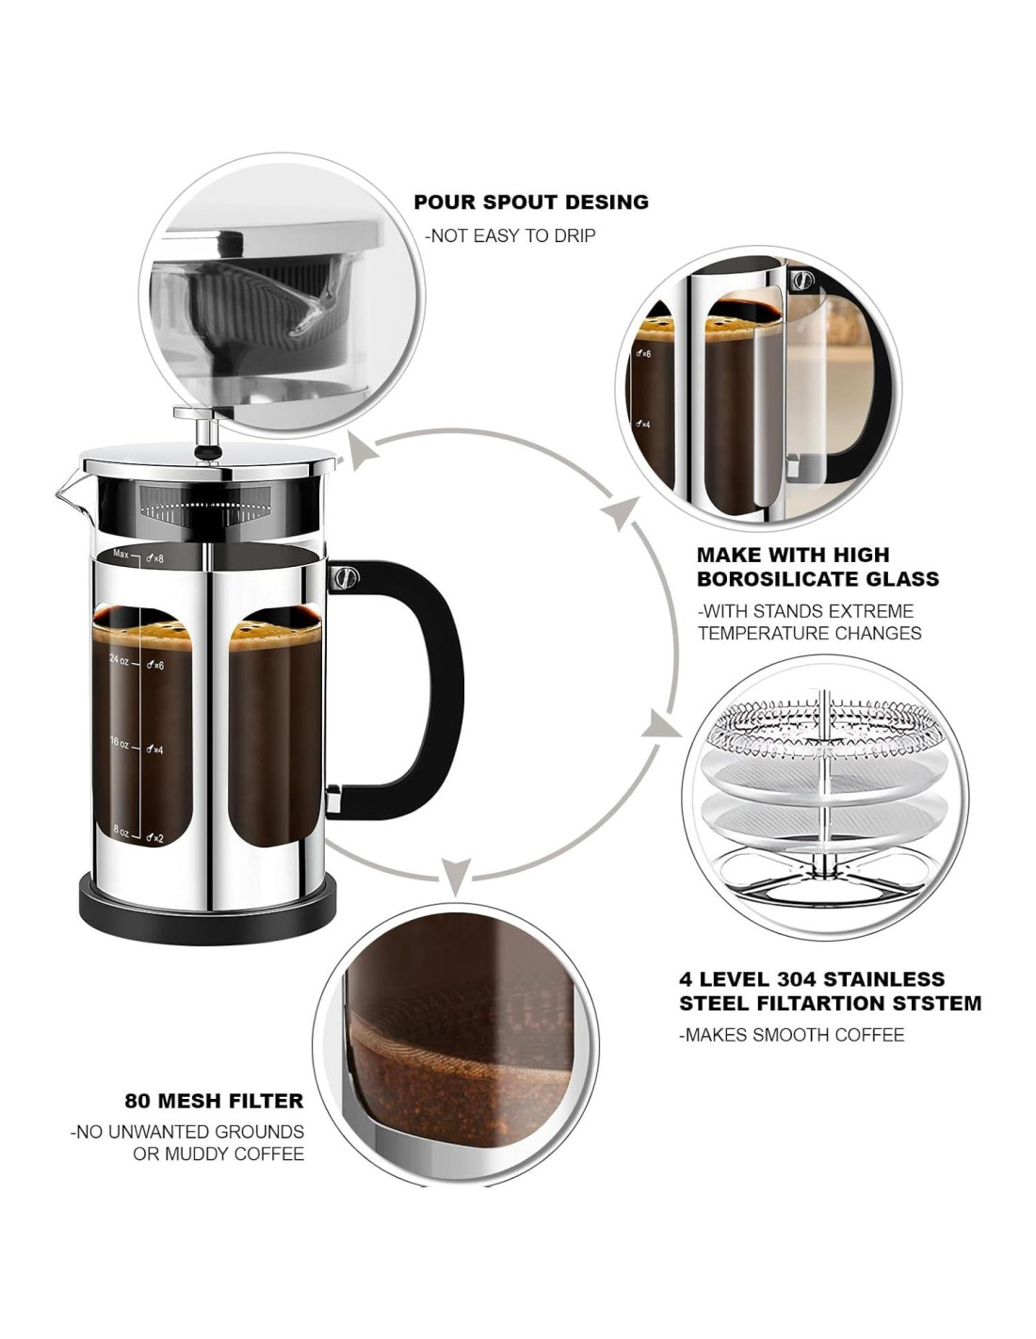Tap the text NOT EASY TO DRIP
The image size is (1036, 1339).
point(510,236)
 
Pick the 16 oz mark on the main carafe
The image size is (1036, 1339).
point(119,742)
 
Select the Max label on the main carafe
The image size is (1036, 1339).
point(121,554)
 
